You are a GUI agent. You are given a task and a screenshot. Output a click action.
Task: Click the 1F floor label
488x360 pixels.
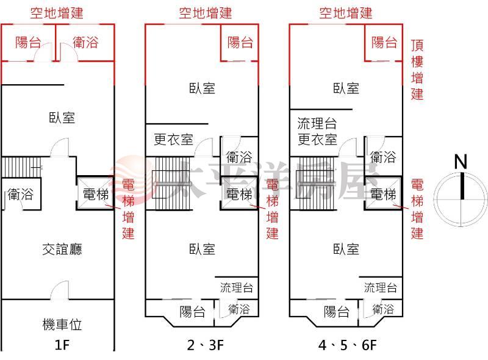(62, 345)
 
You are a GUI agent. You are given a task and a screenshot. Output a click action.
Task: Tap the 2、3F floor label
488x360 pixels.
(206, 345)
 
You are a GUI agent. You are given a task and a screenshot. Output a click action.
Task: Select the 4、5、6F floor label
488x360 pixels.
(347, 345)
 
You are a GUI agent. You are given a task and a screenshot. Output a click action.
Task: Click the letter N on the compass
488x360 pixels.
(461, 162)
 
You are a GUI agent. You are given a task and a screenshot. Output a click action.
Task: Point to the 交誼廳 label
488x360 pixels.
(62, 250)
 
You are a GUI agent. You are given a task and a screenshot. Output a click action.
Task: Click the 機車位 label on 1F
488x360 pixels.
(62, 324)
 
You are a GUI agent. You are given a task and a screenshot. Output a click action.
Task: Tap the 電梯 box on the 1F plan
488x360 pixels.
(95, 193)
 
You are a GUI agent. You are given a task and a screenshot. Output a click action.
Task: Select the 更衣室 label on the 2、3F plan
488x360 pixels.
(174, 139)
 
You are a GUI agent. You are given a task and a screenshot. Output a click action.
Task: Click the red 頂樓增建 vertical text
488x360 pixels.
(417, 70)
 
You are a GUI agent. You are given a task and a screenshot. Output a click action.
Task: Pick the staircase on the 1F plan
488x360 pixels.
(21, 167)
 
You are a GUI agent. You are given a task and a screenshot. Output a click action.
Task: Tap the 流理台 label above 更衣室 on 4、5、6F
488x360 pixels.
(317, 123)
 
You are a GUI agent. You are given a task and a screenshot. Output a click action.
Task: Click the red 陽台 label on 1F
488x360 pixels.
(28, 42)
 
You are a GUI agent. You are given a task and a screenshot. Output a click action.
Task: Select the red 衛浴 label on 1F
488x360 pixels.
(85, 42)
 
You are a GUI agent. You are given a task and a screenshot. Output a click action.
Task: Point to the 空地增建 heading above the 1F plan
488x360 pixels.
(57, 13)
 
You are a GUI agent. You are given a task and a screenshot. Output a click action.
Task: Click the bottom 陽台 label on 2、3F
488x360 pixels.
(192, 311)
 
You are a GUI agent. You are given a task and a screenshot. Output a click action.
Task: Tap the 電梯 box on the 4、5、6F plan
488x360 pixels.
(383, 193)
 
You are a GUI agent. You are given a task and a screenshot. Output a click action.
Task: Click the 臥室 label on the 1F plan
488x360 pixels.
(62, 118)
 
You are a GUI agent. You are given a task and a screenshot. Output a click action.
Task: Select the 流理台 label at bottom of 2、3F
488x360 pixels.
(237, 287)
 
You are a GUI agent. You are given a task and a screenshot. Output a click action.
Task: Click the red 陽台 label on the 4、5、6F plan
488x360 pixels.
(384, 42)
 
